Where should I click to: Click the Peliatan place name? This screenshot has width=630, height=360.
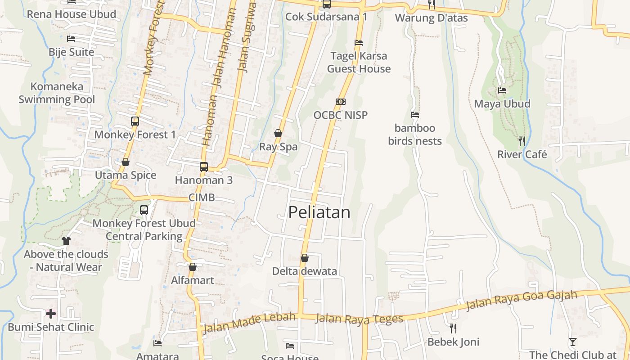pyautogui.click(x=319, y=212)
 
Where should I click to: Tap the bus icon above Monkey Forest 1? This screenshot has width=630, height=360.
pyautogui.click(x=135, y=121)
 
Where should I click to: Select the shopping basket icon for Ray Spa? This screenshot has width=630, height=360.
pyautogui.click(x=278, y=133)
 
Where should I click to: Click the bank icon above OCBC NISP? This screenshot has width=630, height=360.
pyautogui.click(x=341, y=102)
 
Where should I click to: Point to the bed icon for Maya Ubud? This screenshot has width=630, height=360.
pyautogui.click(x=502, y=90)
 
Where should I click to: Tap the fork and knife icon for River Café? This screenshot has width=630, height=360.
pyautogui.click(x=522, y=141)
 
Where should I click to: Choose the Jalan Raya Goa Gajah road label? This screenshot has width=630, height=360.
pyautogui.click(x=522, y=300)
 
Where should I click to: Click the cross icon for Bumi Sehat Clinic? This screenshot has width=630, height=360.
pyautogui.click(x=51, y=313)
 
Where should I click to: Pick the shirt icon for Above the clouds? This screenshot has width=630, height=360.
pyautogui.click(x=66, y=240)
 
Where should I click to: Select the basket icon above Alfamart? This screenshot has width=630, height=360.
pyautogui.click(x=193, y=267)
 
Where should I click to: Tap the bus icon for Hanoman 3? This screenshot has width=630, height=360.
pyautogui.click(x=204, y=166)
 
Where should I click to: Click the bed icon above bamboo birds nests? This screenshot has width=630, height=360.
pyautogui.click(x=415, y=115)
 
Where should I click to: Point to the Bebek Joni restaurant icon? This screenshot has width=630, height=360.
pyautogui.click(x=453, y=328)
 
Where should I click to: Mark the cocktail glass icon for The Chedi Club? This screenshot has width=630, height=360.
pyautogui.click(x=572, y=342)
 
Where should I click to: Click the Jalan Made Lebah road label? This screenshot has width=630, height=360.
pyautogui.click(x=249, y=323)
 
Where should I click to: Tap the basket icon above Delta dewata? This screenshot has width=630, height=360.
pyautogui.click(x=305, y=258)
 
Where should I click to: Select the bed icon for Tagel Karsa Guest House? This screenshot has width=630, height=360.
pyautogui.click(x=359, y=43)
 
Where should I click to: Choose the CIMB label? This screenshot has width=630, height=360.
pyautogui.click(x=201, y=198)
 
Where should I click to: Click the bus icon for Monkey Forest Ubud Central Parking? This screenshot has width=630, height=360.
pyautogui.click(x=144, y=210)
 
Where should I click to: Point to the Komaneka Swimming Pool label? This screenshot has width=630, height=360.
pyautogui.click(x=57, y=93)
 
